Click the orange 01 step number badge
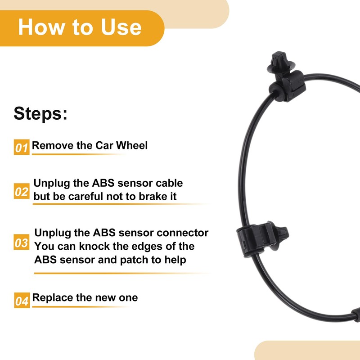click(22, 147)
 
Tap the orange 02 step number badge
click(22, 192)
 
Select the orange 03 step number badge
click(22, 243)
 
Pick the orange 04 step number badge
click(22, 300)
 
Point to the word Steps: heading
click(40, 113)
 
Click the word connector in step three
click(182, 233)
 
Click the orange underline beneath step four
click(81, 307)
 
